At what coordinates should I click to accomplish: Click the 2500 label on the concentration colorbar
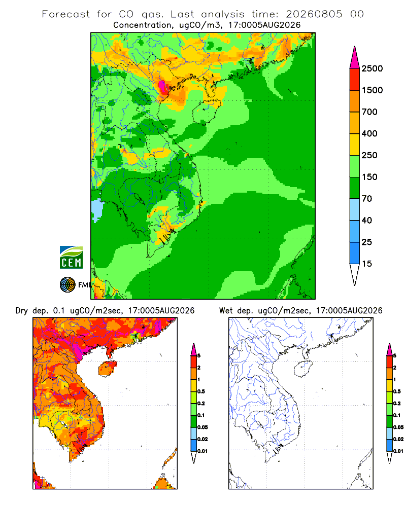(372, 68)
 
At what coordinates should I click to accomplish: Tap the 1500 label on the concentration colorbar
(372, 90)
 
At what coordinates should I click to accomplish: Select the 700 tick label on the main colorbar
(369, 112)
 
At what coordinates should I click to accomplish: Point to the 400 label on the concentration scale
(369, 133)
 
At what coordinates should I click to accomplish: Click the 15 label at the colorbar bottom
(367, 264)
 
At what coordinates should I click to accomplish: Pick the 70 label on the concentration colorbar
(367, 199)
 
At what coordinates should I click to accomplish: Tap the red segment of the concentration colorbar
(355, 80)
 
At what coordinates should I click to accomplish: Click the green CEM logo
(71, 258)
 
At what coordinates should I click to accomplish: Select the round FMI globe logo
(67, 285)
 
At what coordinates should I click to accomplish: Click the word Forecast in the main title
(66, 14)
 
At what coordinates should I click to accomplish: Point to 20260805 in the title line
(314, 14)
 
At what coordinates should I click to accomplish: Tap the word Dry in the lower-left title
(21, 311)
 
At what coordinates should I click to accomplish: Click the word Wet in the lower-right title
(226, 311)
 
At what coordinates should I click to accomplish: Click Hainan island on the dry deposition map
(107, 369)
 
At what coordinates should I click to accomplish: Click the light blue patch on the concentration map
(96, 210)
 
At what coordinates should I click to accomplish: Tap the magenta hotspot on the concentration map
(162, 87)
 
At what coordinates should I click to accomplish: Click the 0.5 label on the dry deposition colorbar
(201, 391)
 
